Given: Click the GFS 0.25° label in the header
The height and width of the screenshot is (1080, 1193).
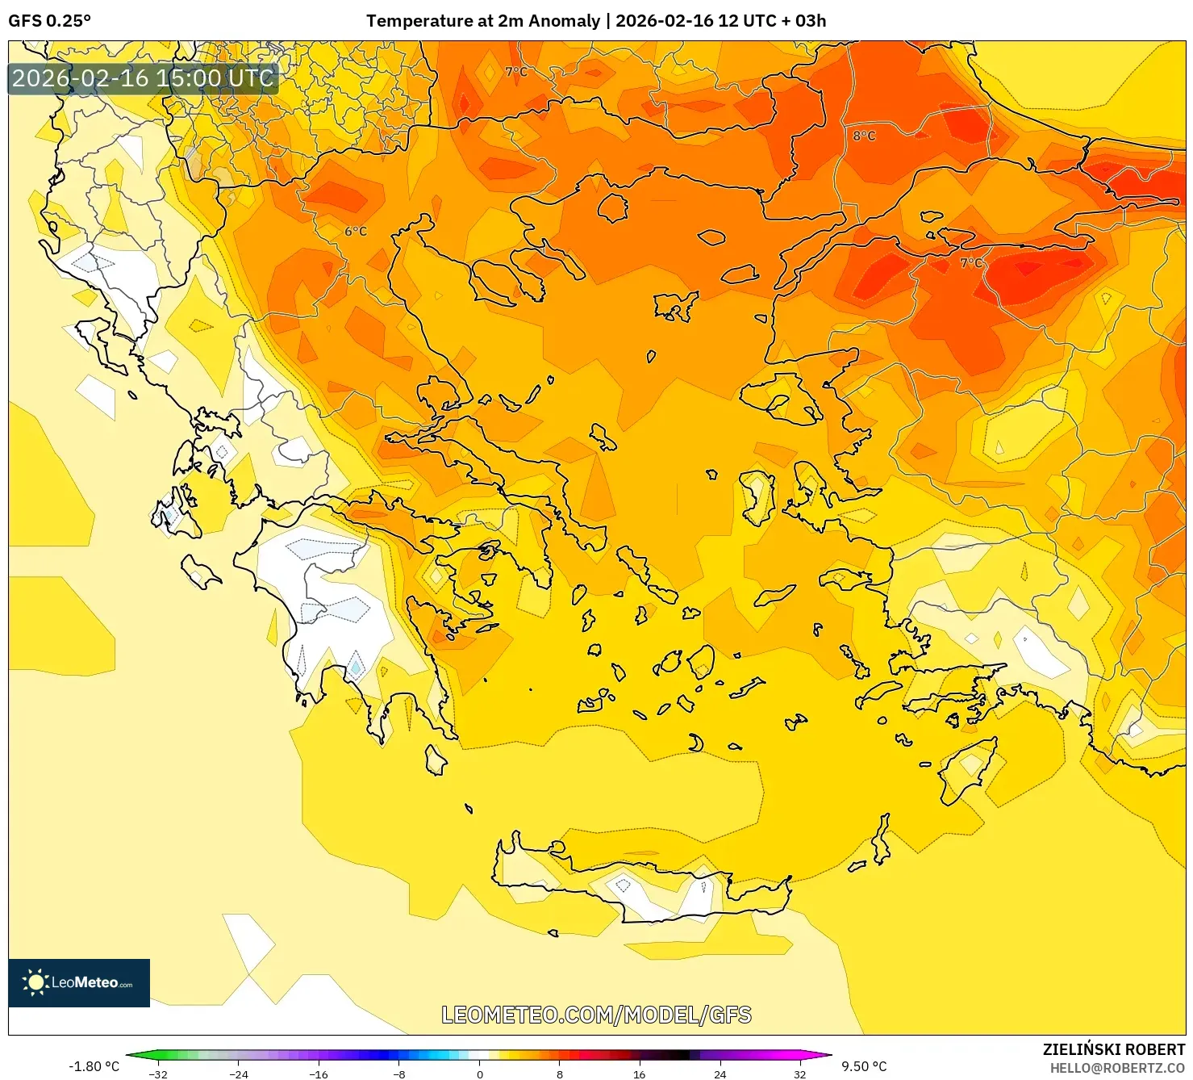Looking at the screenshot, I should click(49, 21).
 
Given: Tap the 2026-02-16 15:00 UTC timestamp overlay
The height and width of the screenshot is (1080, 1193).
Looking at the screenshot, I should click(143, 78).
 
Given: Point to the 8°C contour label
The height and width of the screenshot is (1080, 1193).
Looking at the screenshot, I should click(864, 136).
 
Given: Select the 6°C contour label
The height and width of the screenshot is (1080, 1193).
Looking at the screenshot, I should click(356, 231).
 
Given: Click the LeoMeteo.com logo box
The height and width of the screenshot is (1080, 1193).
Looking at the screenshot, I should click(79, 982).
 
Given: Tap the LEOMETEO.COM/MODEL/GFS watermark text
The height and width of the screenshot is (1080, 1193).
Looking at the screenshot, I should click(596, 1015).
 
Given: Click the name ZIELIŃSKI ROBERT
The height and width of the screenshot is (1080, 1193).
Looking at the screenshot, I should click(1113, 1049).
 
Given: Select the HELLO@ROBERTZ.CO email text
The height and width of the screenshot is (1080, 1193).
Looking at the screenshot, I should click(1116, 1068).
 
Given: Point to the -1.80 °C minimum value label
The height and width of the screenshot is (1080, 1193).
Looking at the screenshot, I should click(94, 1066).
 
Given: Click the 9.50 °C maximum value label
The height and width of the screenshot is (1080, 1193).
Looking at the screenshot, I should click(864, 1066).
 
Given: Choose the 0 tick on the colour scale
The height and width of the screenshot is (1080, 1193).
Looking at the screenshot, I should click(480, 1074).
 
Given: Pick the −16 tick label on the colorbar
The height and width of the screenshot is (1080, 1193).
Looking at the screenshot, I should click(319, 1074).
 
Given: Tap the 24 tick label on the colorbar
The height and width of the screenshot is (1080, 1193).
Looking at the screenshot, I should click(720, 1074).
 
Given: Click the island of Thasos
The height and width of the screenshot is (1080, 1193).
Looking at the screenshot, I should click(612, 207).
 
